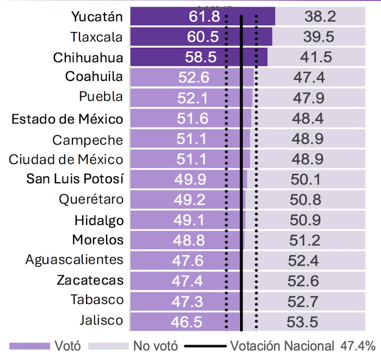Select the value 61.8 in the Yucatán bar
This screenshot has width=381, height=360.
pyautogui.click(x=205, y=17)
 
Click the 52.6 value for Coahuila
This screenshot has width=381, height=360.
pyautogui.click(x=193, y=78)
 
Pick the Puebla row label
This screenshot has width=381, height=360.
pyautogui.click(x=101, y=97)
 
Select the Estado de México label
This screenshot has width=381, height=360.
pyautogui.click(x=67, y=119)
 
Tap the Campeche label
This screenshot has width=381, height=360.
pyautogui.click(x=88, y=140)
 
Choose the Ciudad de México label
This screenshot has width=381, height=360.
pyautogui.click(x=66, y=159)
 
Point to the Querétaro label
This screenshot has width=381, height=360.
pyautogui.click(x=91, y=200)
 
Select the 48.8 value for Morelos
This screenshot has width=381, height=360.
pyautogui.click(x=190, y=240)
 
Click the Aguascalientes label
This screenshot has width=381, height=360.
pyautogui.click(x=74, y=260)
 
